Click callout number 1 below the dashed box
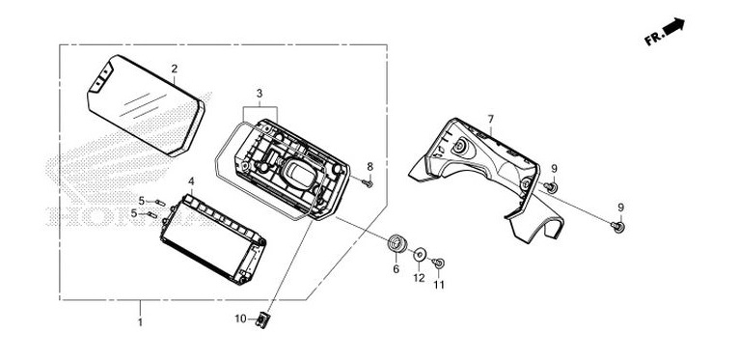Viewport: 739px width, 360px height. [140, 322]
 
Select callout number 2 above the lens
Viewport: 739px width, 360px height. [175, 69]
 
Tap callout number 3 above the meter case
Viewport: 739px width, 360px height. [260, 94]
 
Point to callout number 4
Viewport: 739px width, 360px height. [191, 180]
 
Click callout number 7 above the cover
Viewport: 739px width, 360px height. [491, 119]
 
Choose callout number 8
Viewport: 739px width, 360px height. [369, 166]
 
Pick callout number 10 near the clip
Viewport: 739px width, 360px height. [240, 319]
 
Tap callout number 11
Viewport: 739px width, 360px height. [439, 285]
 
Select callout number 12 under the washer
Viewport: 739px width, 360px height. [419, 278]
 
